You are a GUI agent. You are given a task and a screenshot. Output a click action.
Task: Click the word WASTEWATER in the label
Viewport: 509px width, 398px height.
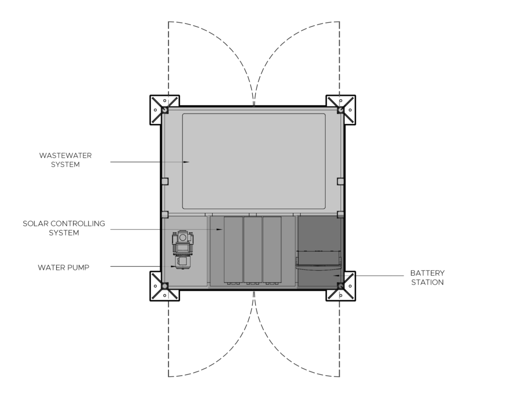65,155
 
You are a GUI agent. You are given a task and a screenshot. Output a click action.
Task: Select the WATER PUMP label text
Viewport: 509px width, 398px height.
63,267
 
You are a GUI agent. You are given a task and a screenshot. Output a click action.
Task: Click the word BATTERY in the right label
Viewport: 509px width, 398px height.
427,273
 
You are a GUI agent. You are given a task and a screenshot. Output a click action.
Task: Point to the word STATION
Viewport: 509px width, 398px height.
427,283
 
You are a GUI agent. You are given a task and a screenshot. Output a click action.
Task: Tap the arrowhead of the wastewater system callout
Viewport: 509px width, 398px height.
186,162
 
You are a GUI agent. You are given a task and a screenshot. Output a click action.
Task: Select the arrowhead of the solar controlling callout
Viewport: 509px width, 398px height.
220,229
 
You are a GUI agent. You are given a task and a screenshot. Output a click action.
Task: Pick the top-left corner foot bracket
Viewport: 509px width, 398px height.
164,110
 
